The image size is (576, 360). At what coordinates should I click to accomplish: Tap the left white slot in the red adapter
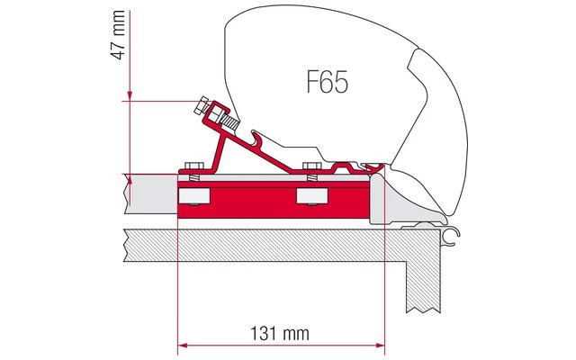193,196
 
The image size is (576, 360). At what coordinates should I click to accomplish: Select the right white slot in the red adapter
311,196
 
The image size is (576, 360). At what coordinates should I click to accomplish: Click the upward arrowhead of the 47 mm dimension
131,179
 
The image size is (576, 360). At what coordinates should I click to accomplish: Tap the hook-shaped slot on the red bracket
258,139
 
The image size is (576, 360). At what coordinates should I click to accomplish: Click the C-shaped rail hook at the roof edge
452,235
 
